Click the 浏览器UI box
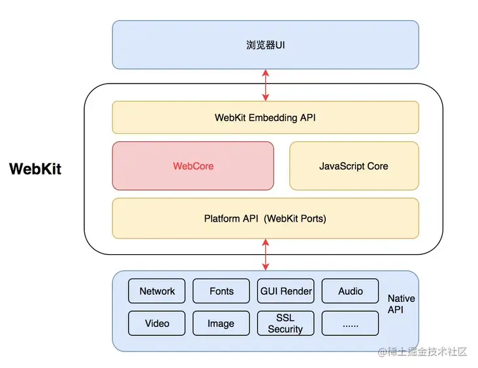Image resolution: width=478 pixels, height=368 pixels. [x=266, y=45]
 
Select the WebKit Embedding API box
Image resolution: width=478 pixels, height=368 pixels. [x=266, y=118]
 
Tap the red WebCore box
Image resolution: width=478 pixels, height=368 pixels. [x=193, y=165]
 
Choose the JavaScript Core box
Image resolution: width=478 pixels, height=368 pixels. [x=354, y=165]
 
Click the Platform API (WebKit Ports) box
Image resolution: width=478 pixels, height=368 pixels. [x=266, y=218]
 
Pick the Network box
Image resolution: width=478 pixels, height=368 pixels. [x=157, y=291]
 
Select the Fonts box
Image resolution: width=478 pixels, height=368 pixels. [x=221, y=291]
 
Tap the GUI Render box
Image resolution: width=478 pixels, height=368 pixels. [x=285, y=291]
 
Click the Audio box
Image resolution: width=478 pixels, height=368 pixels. [x=350, y=291]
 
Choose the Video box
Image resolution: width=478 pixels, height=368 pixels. [x=157, y=323]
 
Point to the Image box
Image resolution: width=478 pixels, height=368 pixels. [x=221, y=323]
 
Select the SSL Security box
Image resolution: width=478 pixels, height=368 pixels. [x=285, y=323]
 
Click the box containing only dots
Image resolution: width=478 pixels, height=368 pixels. [x=350, y=323]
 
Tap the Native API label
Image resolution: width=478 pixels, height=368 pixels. [x=401, y=304]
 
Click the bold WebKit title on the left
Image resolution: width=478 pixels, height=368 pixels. [x=35, y=169]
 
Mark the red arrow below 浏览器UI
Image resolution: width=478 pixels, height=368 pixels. [x=266, y=85]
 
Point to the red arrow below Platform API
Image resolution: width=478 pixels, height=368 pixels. [x=266, y=254]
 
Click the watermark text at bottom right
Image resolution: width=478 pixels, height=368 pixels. [x=422, y=352]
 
